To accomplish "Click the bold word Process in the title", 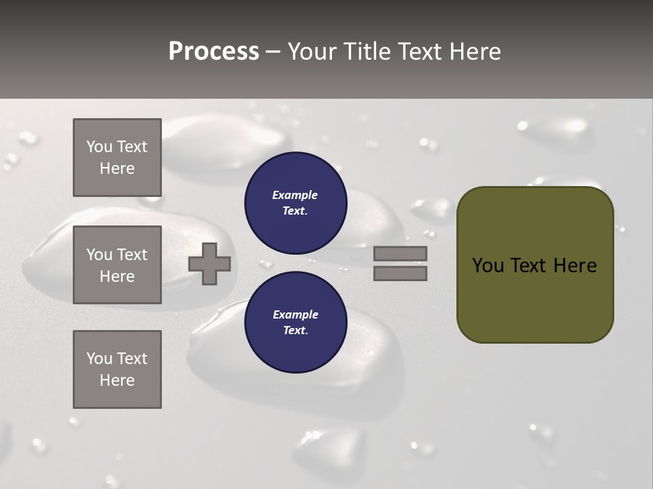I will point(214,52).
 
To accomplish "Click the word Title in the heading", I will point(368,52).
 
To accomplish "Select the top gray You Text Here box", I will point(117,158).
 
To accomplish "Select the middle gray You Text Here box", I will point(117,265).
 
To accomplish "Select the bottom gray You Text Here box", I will point(117,369).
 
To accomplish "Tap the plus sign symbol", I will point(210,264).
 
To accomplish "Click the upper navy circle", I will point(295,202).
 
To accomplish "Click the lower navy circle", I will point(295,322).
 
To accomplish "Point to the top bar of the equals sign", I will point(400,253).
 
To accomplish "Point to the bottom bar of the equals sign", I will point(400,273).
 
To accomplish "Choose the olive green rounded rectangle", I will point(535,299).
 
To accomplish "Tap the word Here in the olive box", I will point(575,266).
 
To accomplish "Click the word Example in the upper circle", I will point(295,195).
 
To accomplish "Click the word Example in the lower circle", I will point(295,314).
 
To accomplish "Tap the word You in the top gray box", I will point(99,147).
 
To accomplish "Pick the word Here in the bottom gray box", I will point(117,380).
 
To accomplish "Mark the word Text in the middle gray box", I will point(132,255).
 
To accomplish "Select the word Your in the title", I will point(312,52).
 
